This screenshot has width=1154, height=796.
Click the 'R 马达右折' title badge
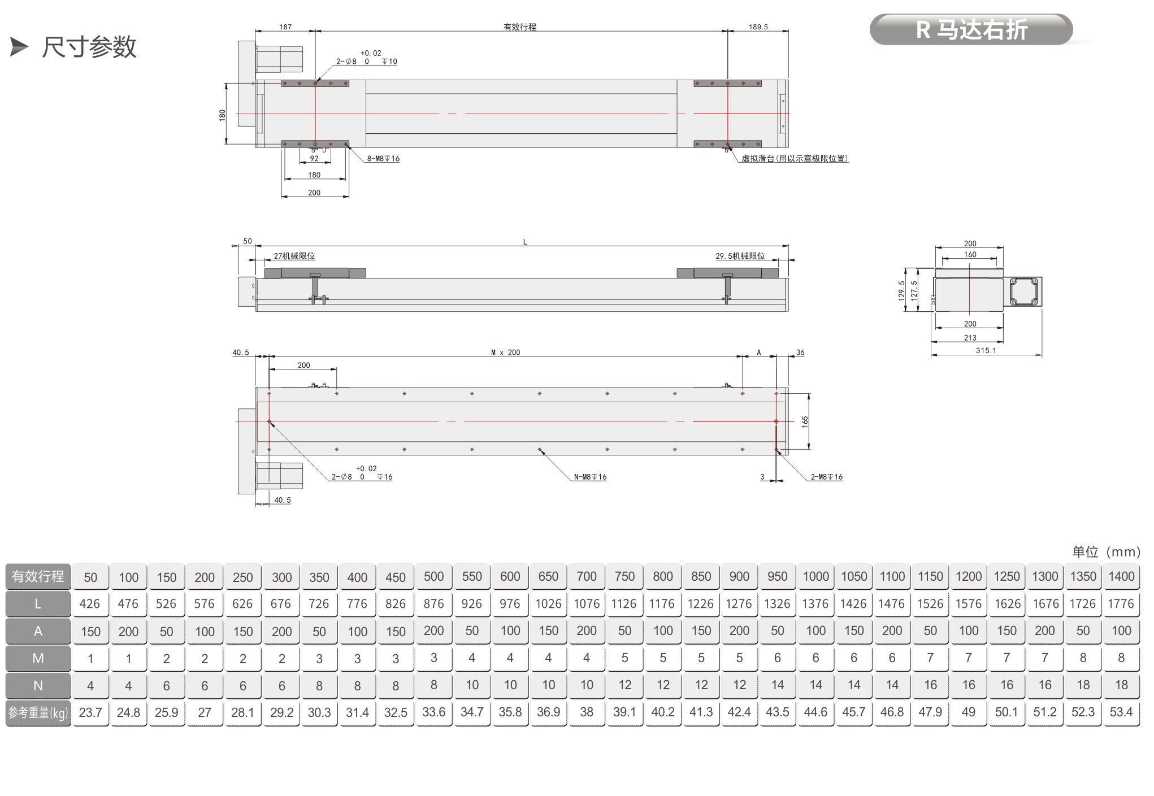pyautogui.click(x=970, y=29)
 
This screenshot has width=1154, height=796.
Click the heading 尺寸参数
pyautogui.click(x=89, y=47)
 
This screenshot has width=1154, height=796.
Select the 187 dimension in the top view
pyautogui.click(x=285, y=27)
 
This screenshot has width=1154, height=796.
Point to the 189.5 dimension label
pyautogui.click(x=758, y=27)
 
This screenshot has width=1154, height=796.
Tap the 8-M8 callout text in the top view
pyautogui.click(x=383, y=159)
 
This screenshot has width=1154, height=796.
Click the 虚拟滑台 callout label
pyautogui.click(x=795, y=159)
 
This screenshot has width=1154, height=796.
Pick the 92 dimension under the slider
pyautogui.click(x=314, y=159)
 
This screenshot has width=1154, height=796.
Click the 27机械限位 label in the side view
pyautogui.click(x=294, y=256)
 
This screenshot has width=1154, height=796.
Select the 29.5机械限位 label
pyautogui.click(x=740, y=256)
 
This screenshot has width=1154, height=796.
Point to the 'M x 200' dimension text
pyautogui.click(x=505, y=353)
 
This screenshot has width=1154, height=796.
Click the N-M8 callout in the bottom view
pyautogui.click(x=590, y=477)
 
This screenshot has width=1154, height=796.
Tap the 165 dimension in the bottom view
pyautogui.click(x=805, y=421)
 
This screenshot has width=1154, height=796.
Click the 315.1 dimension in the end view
pyautogui.click(x=986, y=351)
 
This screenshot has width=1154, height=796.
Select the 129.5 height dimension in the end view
pyautogui.click(x=902, y=290)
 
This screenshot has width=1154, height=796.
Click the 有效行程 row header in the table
pyautogui.click(x=38, y=576)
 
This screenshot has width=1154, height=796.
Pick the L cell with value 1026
pyautogui.click(x=548, y=603)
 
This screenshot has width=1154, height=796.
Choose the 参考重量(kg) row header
pyautogui.click(x=38, y=713)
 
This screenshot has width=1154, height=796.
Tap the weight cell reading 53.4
pyautogui.click(x=1121, y=712)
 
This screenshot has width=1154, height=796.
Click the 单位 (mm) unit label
pyautogui.click(x=1106, y=551)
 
